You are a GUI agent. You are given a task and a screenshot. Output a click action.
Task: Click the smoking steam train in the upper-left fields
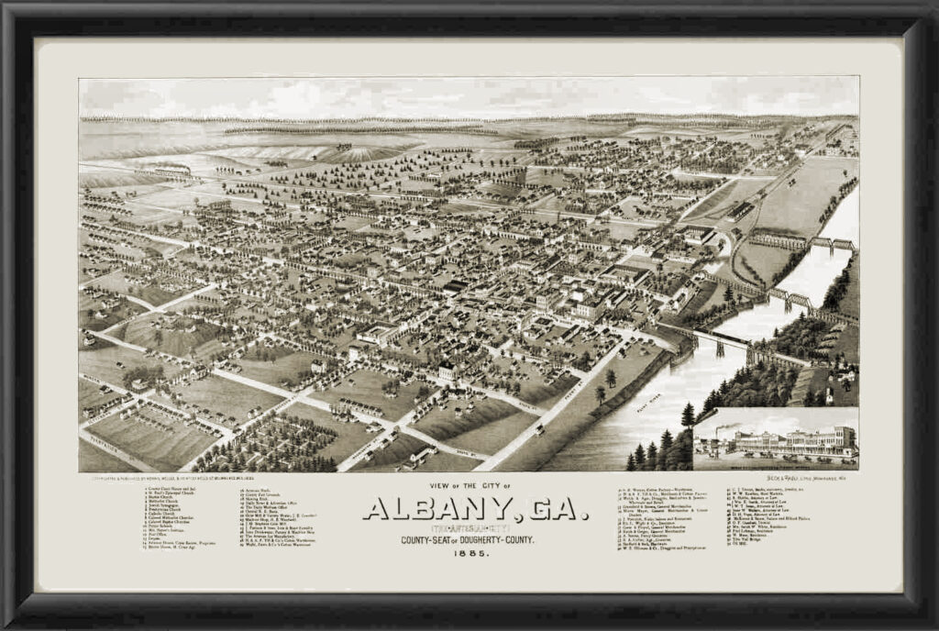[x=170, y=171]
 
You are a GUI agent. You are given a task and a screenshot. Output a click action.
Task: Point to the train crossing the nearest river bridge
[x=721, y=345]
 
